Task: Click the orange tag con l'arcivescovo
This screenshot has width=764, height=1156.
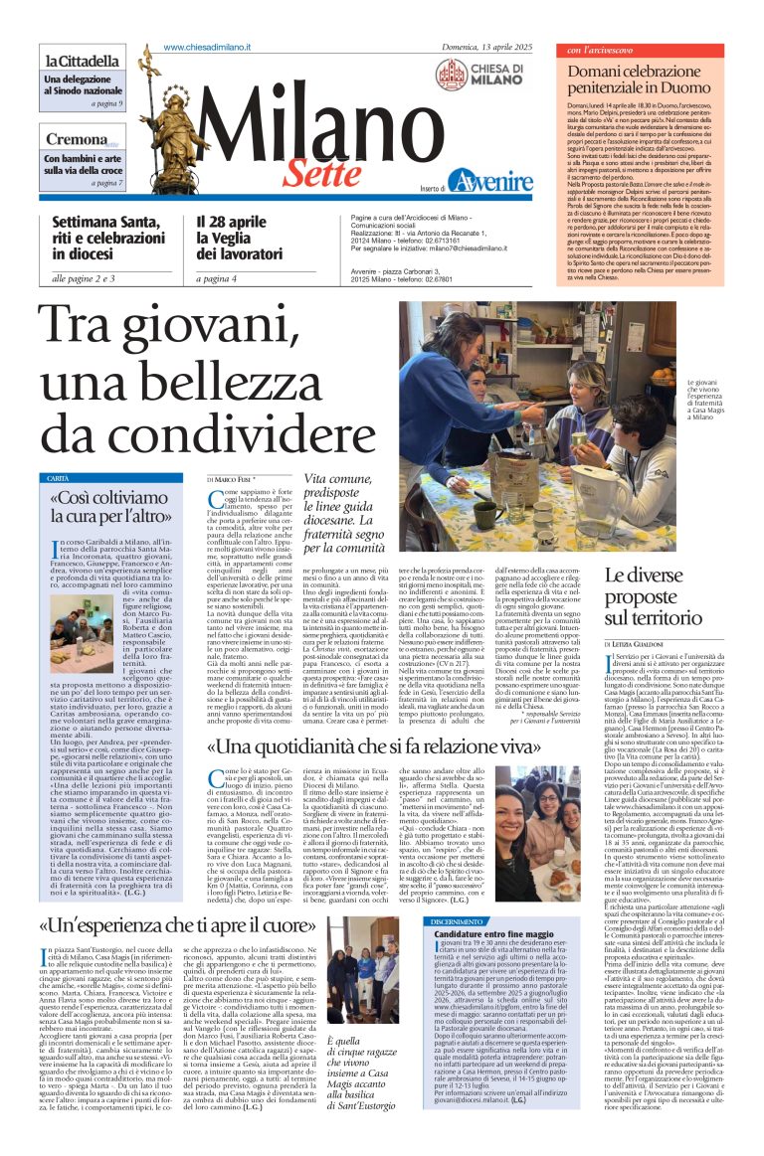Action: coord(605,50)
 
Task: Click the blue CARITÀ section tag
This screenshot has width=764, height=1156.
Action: coord(60,478)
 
